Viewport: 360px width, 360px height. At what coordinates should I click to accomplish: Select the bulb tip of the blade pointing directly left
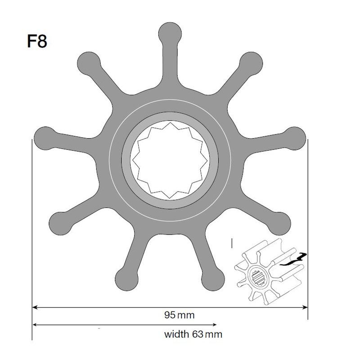[44, 136]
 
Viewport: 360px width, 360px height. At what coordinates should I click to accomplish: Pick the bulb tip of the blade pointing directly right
[296, 136]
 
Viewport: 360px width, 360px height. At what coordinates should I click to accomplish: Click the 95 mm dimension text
[179, 315]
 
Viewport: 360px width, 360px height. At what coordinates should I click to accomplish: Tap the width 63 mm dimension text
[193, 334]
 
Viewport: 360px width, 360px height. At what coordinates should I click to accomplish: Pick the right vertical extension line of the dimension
[308, 225]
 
